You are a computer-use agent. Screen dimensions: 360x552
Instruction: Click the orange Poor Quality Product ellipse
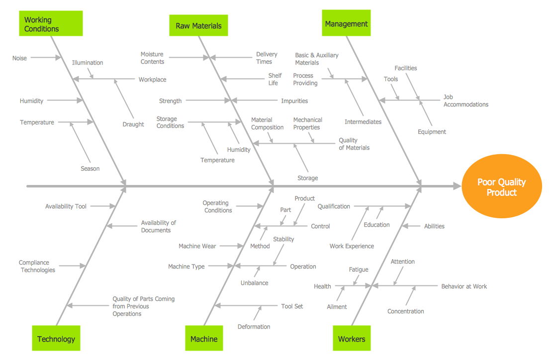[501, 187]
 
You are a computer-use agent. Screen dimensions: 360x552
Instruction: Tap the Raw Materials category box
[198, 25]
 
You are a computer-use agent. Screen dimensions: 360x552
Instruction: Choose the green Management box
[346, 23]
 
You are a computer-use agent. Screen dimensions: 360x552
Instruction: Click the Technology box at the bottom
[56, 339]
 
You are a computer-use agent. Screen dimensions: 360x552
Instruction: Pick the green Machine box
[204, 339]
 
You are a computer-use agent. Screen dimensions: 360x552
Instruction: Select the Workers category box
[352, 339]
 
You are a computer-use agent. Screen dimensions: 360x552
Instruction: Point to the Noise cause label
[19, 58]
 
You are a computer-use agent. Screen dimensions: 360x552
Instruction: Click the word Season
[90, 169]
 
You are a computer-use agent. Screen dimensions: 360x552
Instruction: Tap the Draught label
[133, 124]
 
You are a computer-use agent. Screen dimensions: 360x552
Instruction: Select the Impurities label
[294, 101]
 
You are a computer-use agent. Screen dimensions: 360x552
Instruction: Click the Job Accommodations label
[465, 101]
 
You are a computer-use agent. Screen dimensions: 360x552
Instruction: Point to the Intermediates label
[363, 122]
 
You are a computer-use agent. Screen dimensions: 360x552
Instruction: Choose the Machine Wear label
[197, 246]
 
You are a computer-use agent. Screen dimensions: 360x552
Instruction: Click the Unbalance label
[254, 283]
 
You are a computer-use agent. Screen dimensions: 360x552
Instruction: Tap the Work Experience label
[352, 246]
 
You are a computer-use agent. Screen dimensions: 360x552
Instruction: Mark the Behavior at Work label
[464, 286]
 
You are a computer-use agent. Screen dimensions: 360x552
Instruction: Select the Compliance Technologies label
[38, 266]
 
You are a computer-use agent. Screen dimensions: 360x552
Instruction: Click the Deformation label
[254, 327]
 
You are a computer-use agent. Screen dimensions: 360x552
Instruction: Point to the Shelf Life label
[275, 79]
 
